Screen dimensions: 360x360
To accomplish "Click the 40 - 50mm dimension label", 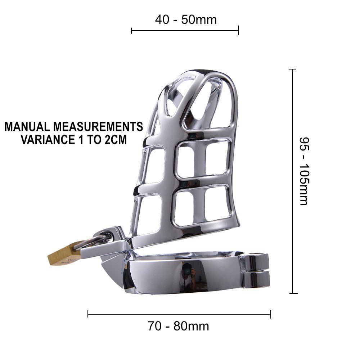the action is pyautogui.click(x=186, y=19).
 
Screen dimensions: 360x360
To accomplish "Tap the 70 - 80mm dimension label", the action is pyautogui.click(x=178, y=326).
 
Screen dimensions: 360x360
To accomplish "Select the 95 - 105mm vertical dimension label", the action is pyautogui.click(x=305, y=171).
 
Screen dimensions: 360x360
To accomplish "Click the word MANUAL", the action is pyautogui.click(x=27, y=126).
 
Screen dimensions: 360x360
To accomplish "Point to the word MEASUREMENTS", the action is pyautogui.click(x=98, y=126).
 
